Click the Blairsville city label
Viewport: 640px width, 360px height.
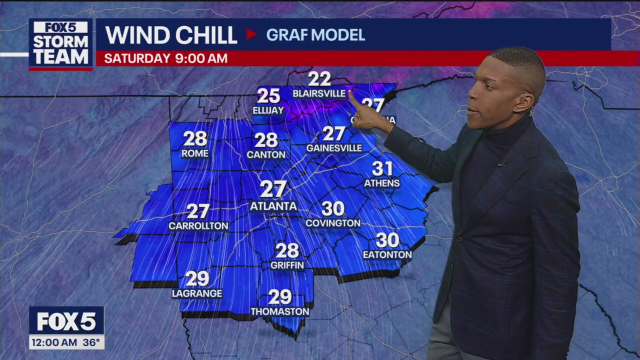click(318, 93)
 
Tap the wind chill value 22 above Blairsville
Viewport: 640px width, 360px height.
click(319, 79)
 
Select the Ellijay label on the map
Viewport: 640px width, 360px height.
click(268, 110)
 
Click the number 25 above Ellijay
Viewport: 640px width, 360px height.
click(268, 96)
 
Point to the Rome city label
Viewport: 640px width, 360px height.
click(195, 153)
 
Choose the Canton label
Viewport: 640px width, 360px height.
click(266, 155)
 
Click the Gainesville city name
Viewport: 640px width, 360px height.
click(334, 148)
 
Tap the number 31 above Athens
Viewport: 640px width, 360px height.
click(382, 168)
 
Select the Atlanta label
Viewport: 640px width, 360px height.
click(273, 206)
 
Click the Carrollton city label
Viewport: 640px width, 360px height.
click(198, 226)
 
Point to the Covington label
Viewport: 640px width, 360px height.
click(333, 223)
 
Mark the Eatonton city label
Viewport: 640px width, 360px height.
click(387, 254)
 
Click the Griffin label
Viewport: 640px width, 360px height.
click(287, 265)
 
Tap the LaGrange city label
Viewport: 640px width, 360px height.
click(197, 293)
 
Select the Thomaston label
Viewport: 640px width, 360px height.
click(280, 311)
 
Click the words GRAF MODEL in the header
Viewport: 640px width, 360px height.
click(315, 35)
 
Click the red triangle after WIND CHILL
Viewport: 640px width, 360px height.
click(251, 34)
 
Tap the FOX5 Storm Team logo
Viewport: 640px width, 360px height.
click(60, 44)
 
